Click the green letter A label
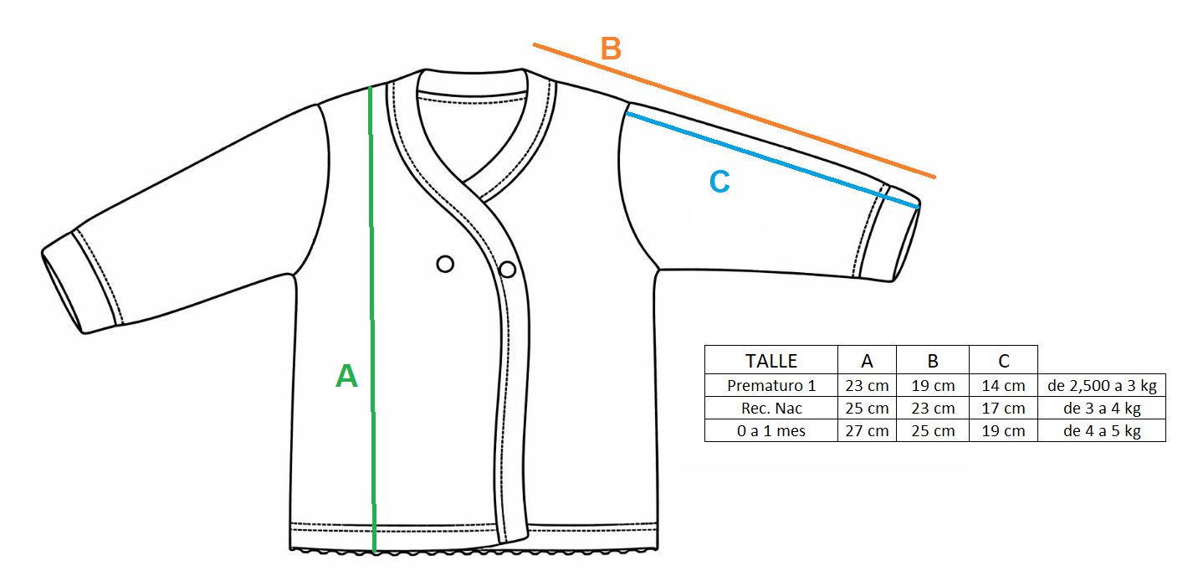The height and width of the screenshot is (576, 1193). (346, 377)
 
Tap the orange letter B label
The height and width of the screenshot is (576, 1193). (611, 49)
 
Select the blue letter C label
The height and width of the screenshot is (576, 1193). (719, 182)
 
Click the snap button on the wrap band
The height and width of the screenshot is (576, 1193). (507, 269)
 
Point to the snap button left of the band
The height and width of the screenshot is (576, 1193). (445, 265)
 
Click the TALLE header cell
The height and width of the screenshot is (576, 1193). (771, 361)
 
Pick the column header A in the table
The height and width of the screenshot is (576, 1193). (867, 361)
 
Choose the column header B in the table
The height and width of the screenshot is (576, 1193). (933, 361)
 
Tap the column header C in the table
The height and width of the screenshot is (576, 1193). (1003, 361)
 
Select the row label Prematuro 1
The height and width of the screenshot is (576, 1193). (771, 386)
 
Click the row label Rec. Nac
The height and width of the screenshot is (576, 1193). (771, 409)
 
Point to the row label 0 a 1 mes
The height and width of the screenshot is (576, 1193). (771, 431)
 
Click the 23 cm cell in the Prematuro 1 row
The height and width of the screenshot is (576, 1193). (867, 386)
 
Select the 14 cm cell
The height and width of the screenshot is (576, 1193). (1003, 386)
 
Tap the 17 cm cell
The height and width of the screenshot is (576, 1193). (1003, 409)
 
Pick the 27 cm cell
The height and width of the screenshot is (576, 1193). (867, 431)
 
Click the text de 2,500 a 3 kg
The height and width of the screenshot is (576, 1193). (1101, 386)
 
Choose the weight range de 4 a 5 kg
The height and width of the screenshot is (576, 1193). (1101, 431)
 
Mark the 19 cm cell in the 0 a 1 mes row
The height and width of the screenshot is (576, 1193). (1003, 431)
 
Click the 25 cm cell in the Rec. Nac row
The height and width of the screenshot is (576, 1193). (867, 409)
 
